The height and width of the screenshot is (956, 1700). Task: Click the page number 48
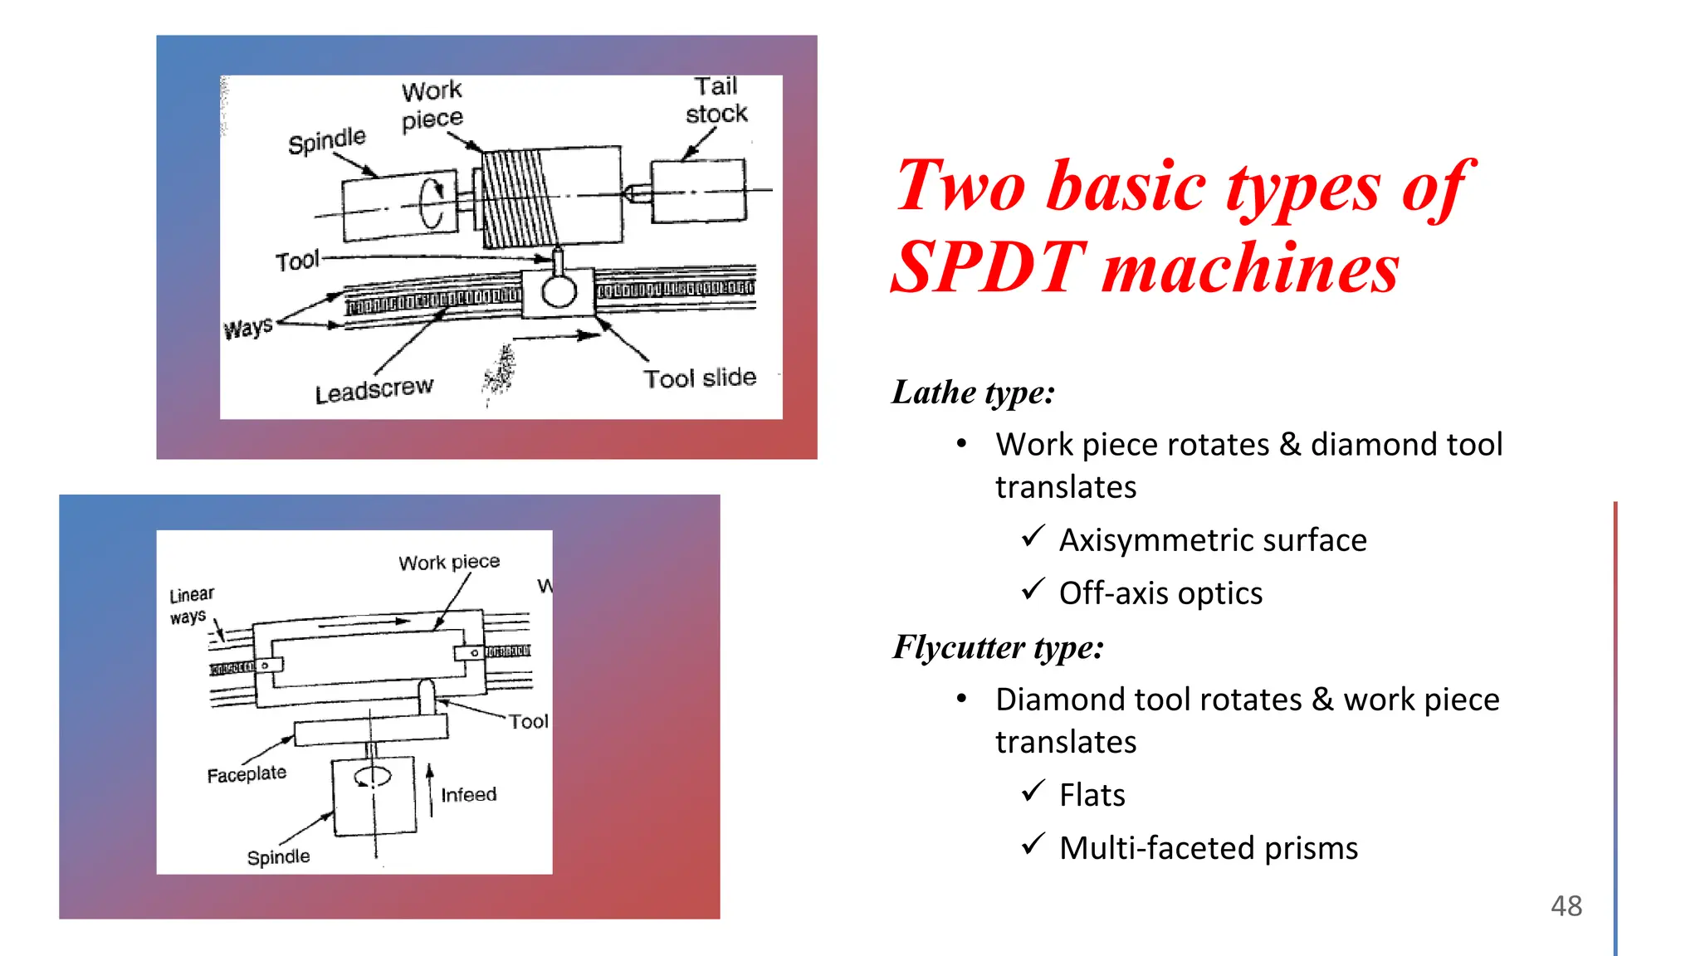pyautogui.click(x=1566, y=905)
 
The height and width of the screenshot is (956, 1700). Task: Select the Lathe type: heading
pyautogui.click(x=973, y=393)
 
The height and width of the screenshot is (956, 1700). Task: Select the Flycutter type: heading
pyautogui.click(x=998, y=647)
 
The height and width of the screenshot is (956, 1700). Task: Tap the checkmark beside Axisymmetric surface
pyautogui.click(x=1033, y=537)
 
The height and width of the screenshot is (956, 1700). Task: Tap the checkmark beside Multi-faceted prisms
pyautogui.click(x=1033, y=845)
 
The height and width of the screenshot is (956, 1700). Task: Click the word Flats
pyautogui.click(x=1092, y=795)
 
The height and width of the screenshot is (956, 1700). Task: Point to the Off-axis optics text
pyautogui.click(x=1160, y=593)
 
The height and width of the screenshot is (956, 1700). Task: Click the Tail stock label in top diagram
pyautogui.click(x=716, y=100)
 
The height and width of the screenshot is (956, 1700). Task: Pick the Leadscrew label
pyautogui.click(x=374, y=389)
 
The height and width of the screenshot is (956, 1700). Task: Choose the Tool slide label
pyautogui.click(x=700, y=378)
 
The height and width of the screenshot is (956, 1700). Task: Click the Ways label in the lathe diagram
pyautogui.click(x=247, y=328)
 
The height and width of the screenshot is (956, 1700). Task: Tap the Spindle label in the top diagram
pyautogui.click(x=326, y=140)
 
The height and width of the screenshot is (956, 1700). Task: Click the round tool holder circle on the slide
pyautogui.click(x=559, y=292)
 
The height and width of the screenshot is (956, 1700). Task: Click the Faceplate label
pyautogui.click(x=247, y=774)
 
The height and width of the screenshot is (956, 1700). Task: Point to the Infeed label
pyautogui.click(x=468, y=795)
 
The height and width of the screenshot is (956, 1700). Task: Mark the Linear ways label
pyautogui.click(x=191, y=606)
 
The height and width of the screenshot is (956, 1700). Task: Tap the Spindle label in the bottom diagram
pyautogui.click(x=278, y=856)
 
